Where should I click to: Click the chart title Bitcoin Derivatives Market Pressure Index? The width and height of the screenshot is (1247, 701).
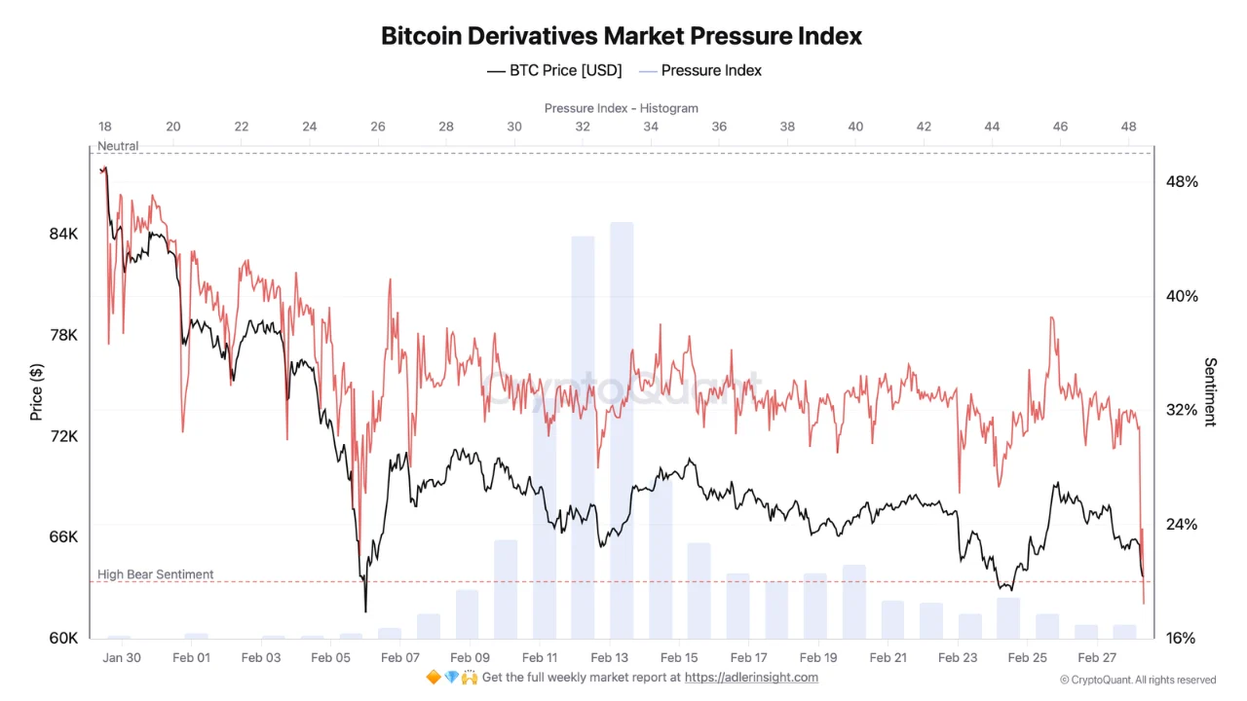(622, 36)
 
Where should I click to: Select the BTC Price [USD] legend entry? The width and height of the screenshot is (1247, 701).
(554, 70)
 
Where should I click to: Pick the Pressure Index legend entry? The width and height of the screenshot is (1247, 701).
(700, 70)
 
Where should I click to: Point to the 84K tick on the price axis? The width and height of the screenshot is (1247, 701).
(64, 234)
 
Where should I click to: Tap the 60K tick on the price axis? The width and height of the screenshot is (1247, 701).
(64, 638)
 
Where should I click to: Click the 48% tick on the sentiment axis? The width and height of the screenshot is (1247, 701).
(1182, 182)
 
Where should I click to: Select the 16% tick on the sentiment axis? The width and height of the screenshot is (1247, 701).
(1182, 638)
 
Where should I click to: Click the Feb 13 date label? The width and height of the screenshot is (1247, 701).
(609, 657)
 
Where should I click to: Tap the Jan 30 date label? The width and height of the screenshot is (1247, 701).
(121, 657)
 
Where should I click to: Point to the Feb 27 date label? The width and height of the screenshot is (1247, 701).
(1097, 657)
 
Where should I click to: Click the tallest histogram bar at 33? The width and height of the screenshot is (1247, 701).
(622, 428)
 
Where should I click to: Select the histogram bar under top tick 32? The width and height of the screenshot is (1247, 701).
(583, 438)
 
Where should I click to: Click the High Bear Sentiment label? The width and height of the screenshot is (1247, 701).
(155, 574)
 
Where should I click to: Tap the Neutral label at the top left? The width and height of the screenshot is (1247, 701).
(118, 146)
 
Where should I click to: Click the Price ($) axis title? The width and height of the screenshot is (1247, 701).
(37, 391)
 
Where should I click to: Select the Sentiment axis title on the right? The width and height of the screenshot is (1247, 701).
(1211, 391)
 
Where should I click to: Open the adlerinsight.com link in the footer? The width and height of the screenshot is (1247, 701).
(751, 678)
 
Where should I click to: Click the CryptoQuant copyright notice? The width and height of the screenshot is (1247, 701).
(1138, 680)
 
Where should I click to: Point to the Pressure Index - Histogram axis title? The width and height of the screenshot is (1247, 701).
(622, 108)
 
